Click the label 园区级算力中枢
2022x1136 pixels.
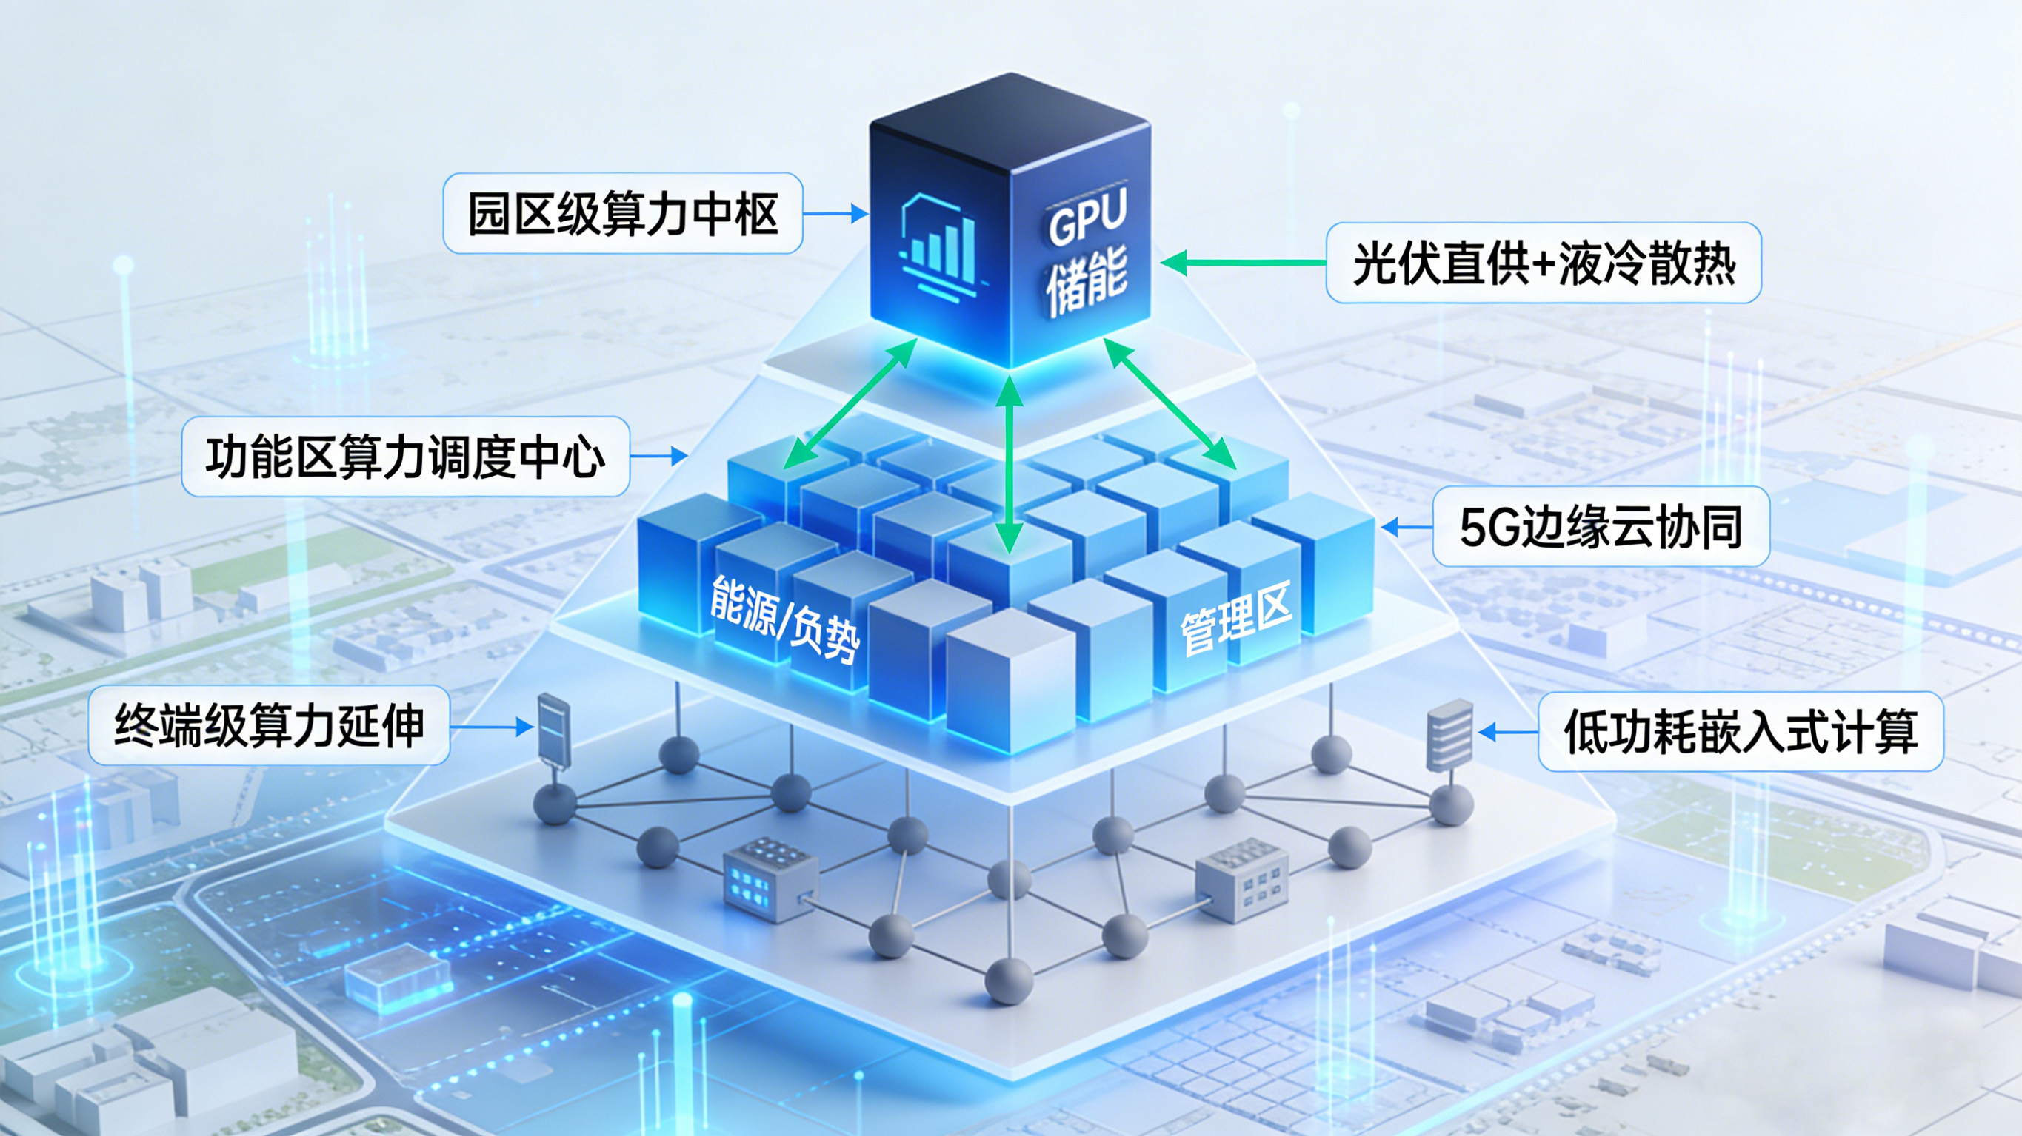pos(622,213)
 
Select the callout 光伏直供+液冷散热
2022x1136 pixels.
pos(1544,263)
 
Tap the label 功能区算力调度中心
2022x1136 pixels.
pos(405,457)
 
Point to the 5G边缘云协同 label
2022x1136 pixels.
pos(1601,526)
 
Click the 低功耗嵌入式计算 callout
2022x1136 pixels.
pos(1741,732)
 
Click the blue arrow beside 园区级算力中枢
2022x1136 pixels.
pos(835,213)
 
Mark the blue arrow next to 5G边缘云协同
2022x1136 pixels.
pos(1406,527)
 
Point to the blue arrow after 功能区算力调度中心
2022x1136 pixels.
pos(659,456)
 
